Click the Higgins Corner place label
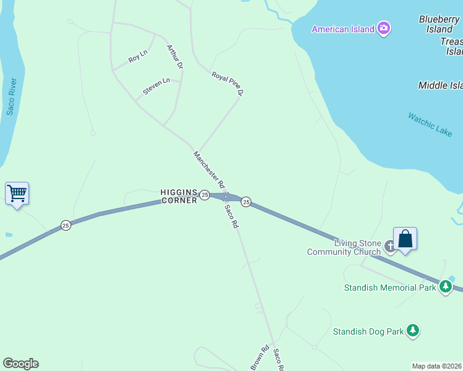point(178,196)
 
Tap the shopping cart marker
point(17,194)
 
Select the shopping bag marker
point(405,239)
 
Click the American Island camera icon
point(384,28)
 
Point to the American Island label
point(343,29)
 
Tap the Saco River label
point(11,96)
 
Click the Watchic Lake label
point(430,124)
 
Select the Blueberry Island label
point(439,24)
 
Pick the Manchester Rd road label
point(208,169)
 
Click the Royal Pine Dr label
point(228,84)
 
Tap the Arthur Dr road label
point(175,56)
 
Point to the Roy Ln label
point(137,56)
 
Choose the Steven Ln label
point(156,86)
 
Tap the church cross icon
point(390,247)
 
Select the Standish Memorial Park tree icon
point(445,286)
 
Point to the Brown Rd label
point(261,357)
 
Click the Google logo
point(20,364)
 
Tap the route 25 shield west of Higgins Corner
point(66,225)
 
